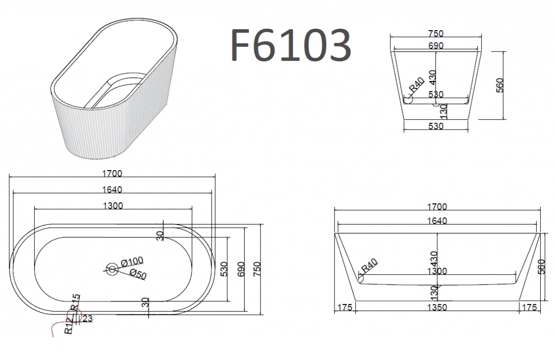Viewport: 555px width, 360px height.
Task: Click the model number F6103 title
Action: click(291, 45)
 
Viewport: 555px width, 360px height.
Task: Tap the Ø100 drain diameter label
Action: click(132, 262)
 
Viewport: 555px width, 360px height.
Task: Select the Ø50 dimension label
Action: click(138, 274)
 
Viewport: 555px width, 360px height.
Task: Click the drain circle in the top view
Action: click(112, 270)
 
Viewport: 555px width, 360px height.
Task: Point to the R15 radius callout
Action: click(76, 302)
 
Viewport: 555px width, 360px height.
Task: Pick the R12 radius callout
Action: click(69, 326)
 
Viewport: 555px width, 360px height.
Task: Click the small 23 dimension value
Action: click(87, 318)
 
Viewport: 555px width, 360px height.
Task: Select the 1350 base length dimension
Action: click(437, 307)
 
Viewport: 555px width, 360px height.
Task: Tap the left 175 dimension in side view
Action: click(344, 307)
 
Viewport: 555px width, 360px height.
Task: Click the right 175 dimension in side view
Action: click(529, 307)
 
